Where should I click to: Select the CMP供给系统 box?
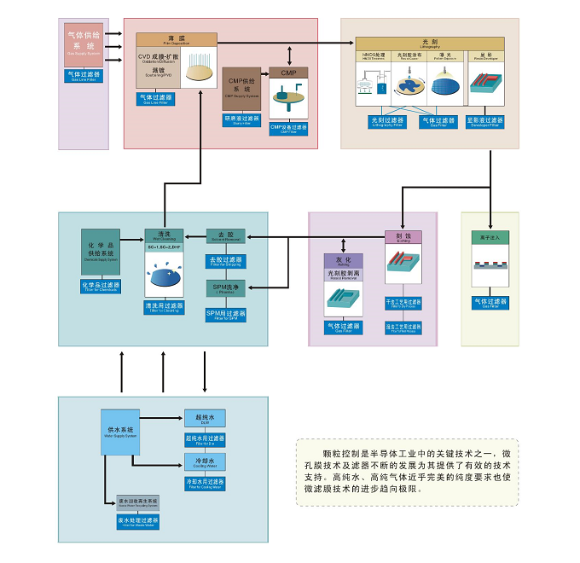(x=241, y=86)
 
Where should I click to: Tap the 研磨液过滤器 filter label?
(x=241, y=120)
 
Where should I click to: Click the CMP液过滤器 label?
(x=287, y=128)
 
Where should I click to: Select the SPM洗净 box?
(x=225, y=289)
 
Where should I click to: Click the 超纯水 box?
(x=205, y=419)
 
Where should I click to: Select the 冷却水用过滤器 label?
(x=205, y=484)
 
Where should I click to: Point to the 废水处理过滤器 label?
(x=137, y=519)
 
